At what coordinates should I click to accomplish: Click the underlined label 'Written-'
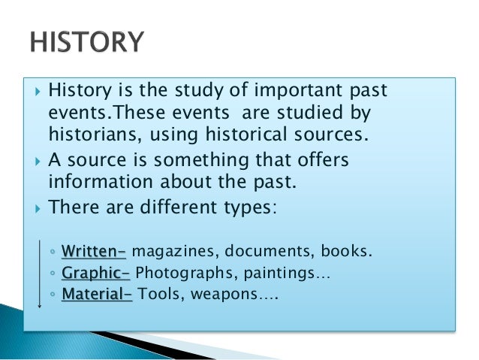point(93,250)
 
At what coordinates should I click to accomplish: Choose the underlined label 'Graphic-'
point(95,274)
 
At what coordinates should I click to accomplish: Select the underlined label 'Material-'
point(96,295)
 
